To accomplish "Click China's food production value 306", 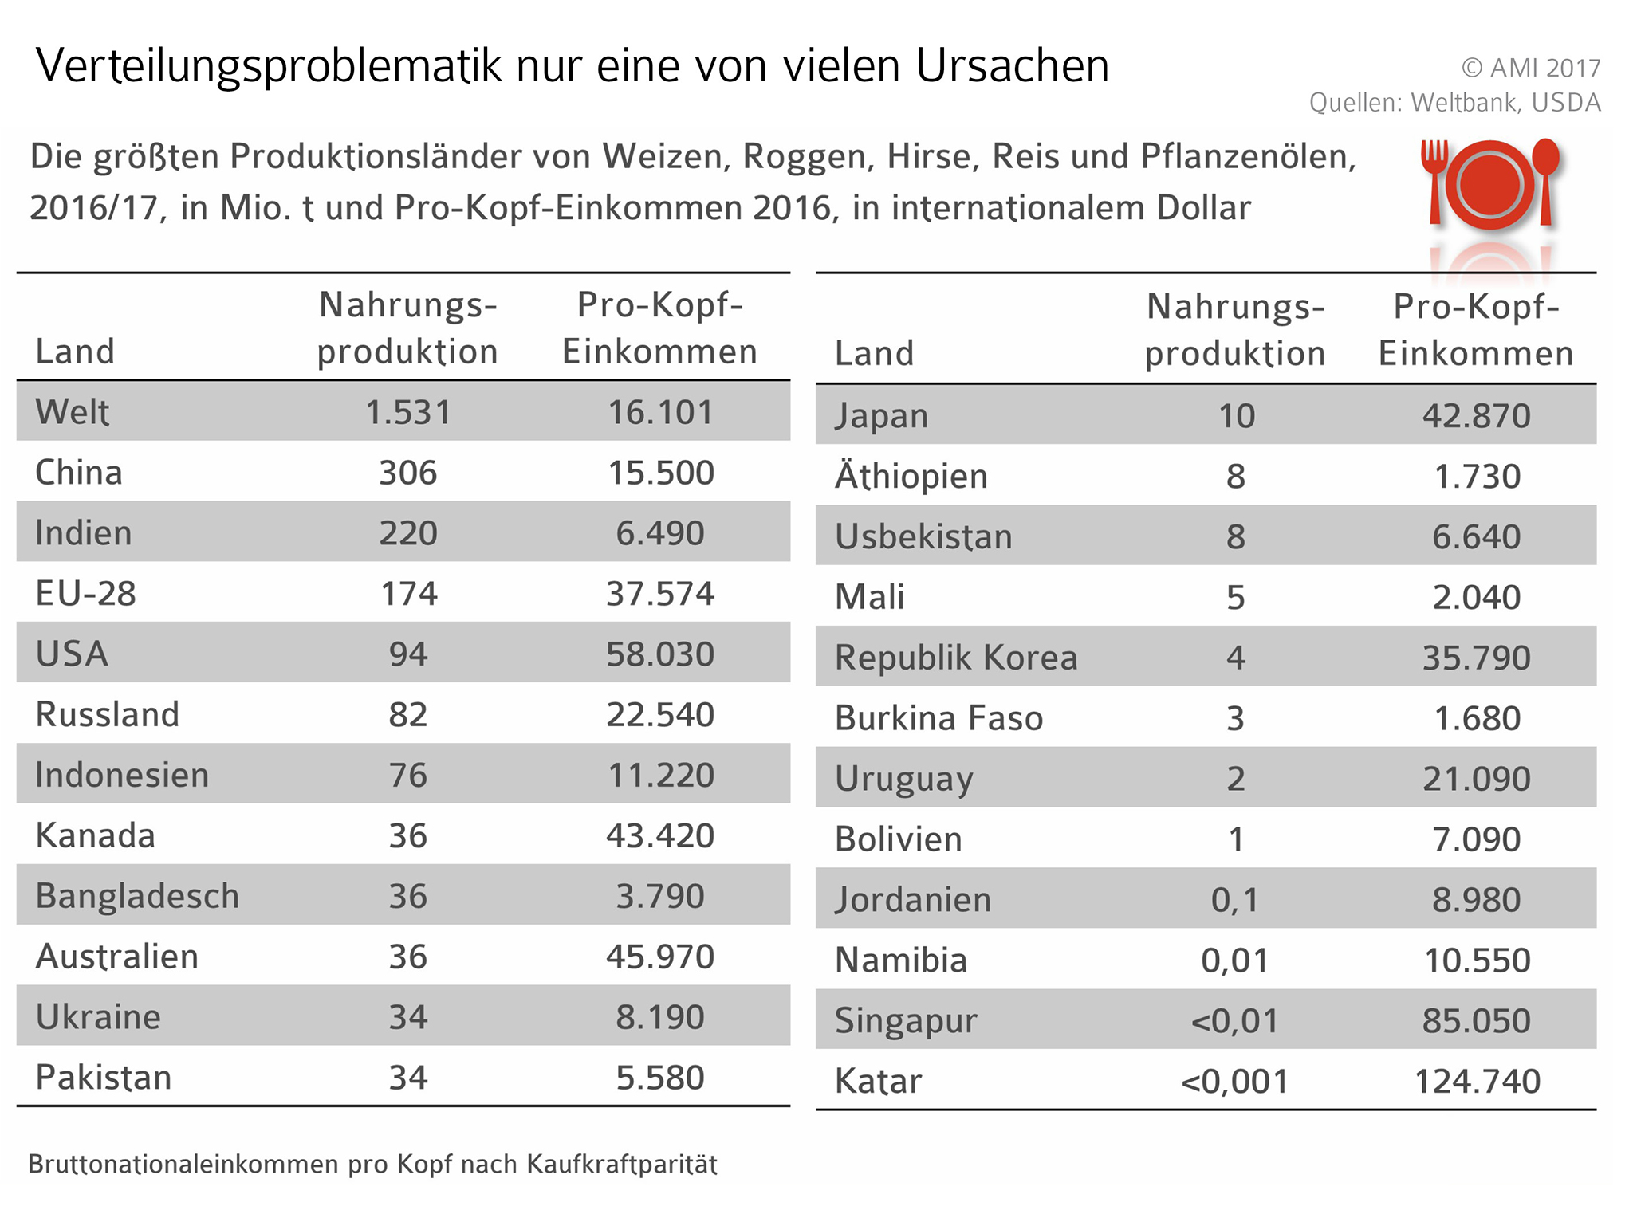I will click(407, 473).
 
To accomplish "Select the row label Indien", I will click(83, 533).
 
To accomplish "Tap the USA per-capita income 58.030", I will click(659, 654).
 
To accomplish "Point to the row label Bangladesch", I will click(137, 896).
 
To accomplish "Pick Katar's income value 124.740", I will click(1477, 1082).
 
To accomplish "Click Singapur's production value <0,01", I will click(1234, 1021).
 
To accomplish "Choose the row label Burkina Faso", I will click(938, 718).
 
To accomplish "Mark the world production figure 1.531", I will click(407, 412).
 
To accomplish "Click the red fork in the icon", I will click(1434, 179).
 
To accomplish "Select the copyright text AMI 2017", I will click(1544, 69).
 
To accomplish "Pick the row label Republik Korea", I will click(955, 658).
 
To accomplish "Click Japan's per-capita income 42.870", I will click(1476, 416).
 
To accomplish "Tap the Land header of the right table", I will click(874, 353).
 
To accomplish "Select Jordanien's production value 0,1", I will click(1234, 900).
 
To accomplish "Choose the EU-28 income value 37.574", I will click(659, 594).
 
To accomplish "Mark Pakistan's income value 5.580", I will click(659, 1078).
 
